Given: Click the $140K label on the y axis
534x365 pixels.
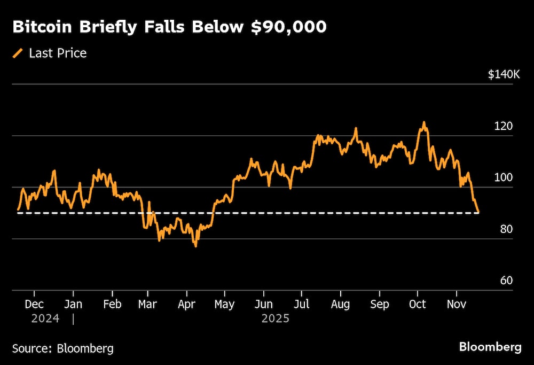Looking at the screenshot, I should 504,74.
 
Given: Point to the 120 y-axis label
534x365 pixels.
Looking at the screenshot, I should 504,126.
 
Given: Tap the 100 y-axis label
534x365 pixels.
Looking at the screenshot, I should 504,177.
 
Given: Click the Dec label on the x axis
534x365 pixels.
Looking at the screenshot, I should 34,304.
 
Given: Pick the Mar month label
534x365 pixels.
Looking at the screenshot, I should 147,304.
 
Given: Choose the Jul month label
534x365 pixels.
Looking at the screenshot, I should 301,304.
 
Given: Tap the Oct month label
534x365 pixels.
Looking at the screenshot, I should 417,304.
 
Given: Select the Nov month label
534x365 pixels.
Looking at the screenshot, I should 456,304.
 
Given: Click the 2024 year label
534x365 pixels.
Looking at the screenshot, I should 45,319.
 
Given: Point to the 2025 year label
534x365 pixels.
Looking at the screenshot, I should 275,319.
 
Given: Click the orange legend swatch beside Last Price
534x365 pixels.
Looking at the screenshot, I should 18,53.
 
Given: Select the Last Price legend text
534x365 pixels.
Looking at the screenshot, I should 58,53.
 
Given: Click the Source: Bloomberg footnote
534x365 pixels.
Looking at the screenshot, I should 63,348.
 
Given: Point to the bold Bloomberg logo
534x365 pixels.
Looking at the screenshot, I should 490,347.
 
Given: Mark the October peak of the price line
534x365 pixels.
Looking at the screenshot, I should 424,123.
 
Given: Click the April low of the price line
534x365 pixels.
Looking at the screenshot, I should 195,246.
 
